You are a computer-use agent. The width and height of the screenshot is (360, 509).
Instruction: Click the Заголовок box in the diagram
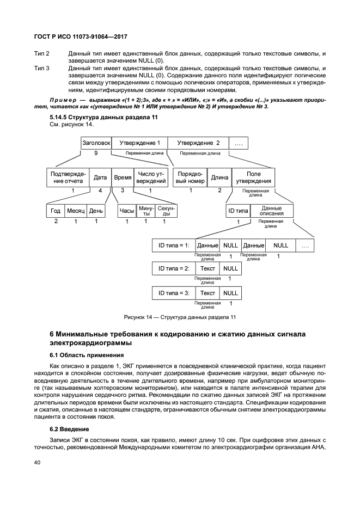(x=96, y=143)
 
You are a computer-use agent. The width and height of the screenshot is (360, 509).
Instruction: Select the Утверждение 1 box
(x=139, y=143)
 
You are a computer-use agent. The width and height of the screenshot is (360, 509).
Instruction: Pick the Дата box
(x=100, y=177)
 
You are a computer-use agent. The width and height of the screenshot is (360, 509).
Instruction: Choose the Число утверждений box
(x=150, y=177)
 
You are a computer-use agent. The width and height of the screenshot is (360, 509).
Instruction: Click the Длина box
(x=219, y=177)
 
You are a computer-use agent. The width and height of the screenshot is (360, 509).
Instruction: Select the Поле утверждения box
(x=253, y=177)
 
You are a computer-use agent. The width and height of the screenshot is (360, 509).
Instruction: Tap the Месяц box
(x=76, y=211)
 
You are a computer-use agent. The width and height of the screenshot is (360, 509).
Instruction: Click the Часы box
(x=127, y=211)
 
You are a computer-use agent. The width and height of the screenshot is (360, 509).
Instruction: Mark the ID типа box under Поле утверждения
(x=238, y=211)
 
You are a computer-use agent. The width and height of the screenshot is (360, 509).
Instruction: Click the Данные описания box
(x=271, y=211)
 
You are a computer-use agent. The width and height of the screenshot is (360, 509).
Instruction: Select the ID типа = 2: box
(x=174, y=268)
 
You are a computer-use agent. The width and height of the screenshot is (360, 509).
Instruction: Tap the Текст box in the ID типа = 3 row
(x=208, y=293)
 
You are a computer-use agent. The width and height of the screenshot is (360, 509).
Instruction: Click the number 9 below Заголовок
(x=96, y=154)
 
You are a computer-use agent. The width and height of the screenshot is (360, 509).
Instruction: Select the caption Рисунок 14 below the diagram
(x=180, y=317)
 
